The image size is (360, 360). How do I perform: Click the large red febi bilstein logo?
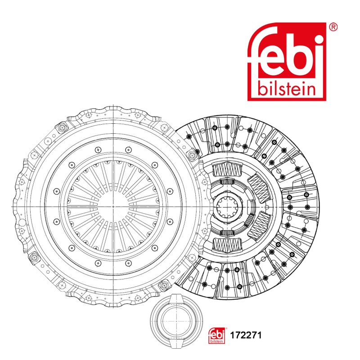point(287,62)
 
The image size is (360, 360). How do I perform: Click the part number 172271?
point(246,335)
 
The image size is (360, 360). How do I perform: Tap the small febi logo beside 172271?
point(216,335)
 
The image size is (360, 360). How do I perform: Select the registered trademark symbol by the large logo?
point(333,27)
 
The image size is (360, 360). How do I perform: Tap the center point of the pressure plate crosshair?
point(113,207)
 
